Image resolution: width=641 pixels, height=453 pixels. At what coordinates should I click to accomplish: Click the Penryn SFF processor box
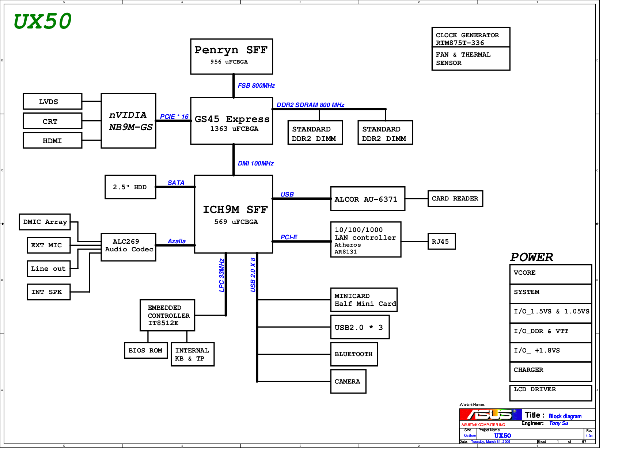pyautogui.click(x=231, y=56)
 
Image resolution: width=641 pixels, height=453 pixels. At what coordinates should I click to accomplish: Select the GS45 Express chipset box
pyautogui.click(x=231, y=121)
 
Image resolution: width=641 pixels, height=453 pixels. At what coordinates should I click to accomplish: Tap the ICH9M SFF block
pyautogui.click(x=233, y=214)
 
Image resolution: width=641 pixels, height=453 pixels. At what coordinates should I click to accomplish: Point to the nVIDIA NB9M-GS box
pyautogui.click(x=128, y=121)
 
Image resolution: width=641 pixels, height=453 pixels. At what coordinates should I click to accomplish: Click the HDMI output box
pyautogui.click(x=52, y=141)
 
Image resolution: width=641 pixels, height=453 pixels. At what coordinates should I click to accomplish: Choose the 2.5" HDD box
pyautogui.click(x=130, y=187)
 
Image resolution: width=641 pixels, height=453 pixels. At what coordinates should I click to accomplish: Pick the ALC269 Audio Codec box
pyautogui.click(x=128, y=247)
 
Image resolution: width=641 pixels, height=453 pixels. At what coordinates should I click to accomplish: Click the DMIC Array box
pyautogui.click(x=45, y=222)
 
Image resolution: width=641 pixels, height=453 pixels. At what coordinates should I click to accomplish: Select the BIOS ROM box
pyautogui.click(x=145, y=351)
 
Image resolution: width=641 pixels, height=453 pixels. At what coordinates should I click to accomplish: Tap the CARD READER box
pyautogui.click(x=455, y=199)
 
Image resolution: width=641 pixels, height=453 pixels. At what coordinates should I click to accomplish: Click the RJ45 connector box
pyautogui.click(x=441, y=241)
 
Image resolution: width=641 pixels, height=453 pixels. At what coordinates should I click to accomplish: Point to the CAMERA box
pyautogui.click(x=348, y=381)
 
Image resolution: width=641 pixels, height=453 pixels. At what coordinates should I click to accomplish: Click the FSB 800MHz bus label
pyautogui.click(x=256, y=86)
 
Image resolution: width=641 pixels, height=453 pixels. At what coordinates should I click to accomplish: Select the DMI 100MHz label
pyautogui.click(x=255, y=164)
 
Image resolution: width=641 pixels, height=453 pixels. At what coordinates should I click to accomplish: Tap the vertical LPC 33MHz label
pyautogui.click(x=221, y=275)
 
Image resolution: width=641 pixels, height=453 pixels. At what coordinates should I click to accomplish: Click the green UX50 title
pyautogui.click(x=42, y=21)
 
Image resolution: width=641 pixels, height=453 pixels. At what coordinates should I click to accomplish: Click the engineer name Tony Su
pyautogui.click(x=558, y=423)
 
